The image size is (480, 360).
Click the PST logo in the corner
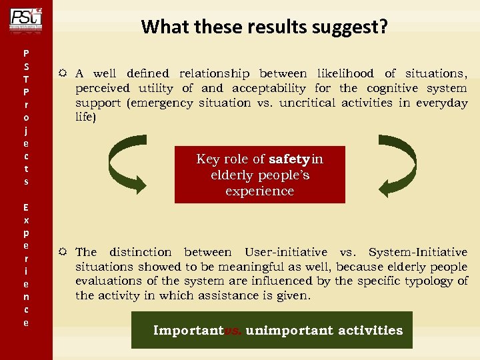25,18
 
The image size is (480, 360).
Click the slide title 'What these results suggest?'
265,27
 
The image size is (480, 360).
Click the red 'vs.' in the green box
233,331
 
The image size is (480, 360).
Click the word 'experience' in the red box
259,191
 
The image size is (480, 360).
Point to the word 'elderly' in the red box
234,175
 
